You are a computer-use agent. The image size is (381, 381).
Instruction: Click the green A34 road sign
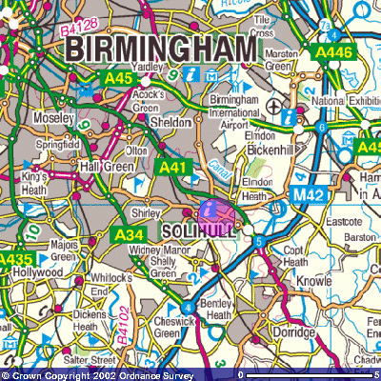(129, 233)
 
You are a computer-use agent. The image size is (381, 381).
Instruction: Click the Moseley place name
(55, 117)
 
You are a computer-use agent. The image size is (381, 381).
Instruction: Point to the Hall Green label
(103, 166)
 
